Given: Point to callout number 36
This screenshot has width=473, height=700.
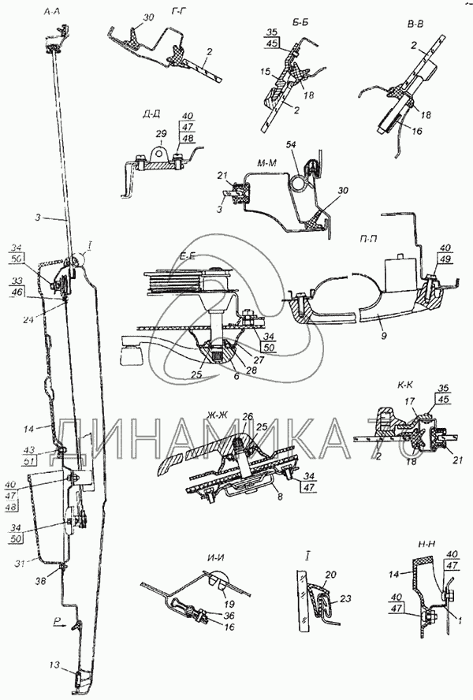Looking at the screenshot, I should coord(229,616).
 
